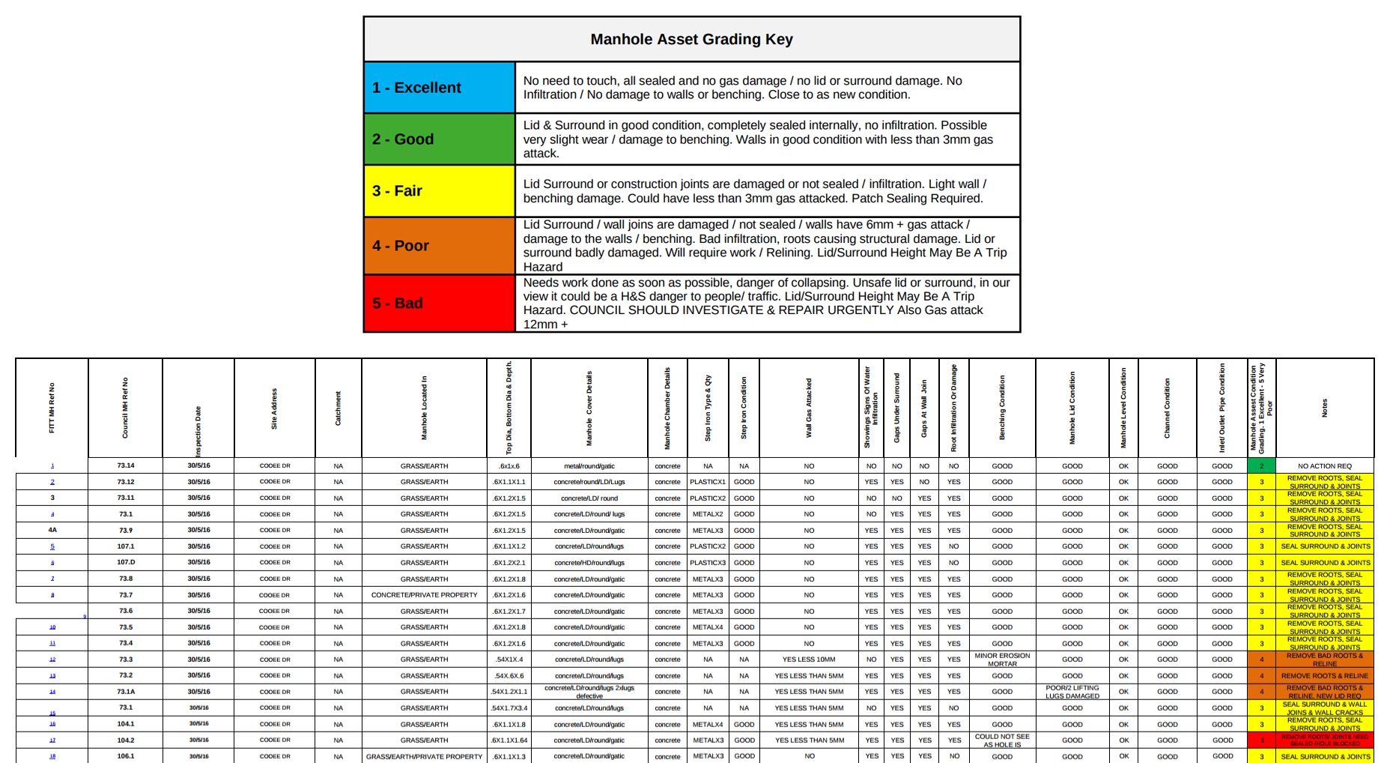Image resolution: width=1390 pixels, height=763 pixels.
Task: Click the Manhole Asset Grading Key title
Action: [691, 39]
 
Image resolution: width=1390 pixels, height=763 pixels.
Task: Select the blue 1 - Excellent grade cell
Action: [440, 88]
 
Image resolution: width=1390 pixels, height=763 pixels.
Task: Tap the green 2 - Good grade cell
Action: [440, 139]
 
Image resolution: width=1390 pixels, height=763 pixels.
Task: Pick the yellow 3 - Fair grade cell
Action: [440, 191]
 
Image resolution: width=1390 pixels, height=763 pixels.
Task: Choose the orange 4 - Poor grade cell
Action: [440, 246]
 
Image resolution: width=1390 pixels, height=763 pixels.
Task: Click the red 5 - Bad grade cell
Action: [440, 304]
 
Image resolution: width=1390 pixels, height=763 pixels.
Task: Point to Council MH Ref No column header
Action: [125, 408]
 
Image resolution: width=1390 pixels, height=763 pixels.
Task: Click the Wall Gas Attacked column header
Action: [809, 408]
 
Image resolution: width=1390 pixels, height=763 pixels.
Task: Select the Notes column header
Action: [1324, 408]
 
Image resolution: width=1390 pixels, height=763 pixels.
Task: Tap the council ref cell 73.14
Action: [126, 465]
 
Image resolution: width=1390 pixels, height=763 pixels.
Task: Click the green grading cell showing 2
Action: [1261, 465]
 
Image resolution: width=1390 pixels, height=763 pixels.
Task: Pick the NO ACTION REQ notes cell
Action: [1324, 465]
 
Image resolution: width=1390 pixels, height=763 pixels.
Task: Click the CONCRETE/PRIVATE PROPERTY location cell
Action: [424, 595]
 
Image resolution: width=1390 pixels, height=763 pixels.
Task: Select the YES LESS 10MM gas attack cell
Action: [809, 660]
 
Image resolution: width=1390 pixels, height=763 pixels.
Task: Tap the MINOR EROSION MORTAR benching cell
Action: [1002, 660]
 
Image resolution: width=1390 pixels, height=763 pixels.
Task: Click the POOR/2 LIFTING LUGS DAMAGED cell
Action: [1072, 692]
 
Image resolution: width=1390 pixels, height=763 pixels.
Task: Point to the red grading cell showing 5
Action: [1261, 741]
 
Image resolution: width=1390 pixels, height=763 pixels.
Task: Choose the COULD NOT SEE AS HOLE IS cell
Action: [1002, 741]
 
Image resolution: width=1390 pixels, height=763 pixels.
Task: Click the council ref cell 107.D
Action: [126, 562]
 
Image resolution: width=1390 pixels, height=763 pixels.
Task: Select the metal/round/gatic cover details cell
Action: [589, 465]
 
